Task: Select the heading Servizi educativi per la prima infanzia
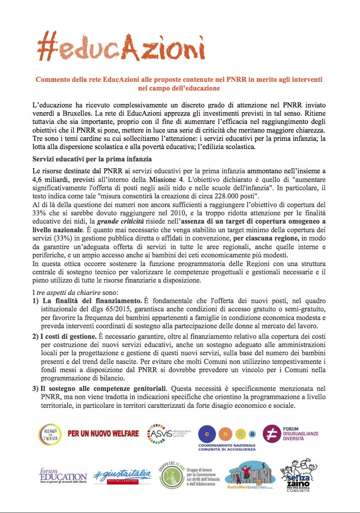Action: [x=92, y=159]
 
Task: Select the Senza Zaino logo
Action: [x=305, y=476]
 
